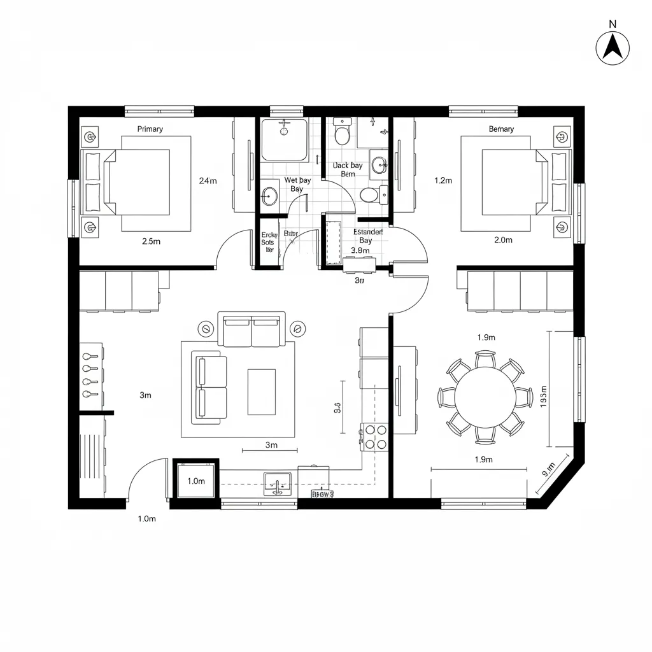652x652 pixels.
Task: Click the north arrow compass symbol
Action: click(613, 48)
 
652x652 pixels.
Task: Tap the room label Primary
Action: click(150, 129)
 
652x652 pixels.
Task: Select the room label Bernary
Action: click(501, 129)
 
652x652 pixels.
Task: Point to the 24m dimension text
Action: click(208, 180)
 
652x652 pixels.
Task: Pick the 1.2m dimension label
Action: click(443, 180)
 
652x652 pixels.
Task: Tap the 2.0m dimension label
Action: click(503, 240)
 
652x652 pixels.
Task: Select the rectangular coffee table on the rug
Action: click(261, 391)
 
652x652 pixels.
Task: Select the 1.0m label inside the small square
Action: click(196, 481)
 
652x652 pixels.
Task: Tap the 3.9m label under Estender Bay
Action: click(360, 250)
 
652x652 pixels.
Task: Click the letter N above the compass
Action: click(613, 24)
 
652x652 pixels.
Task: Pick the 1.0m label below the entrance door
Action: click(146, 518)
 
